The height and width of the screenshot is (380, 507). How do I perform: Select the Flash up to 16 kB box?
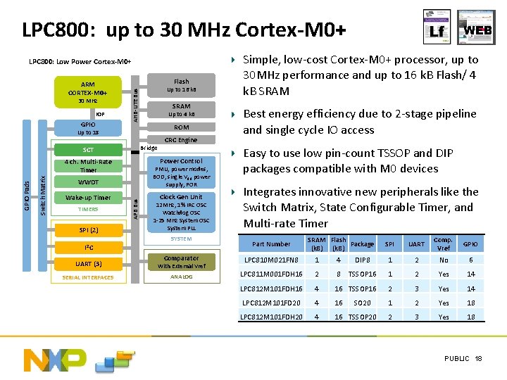pos(181,85)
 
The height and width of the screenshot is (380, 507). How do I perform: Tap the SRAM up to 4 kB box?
pos(181,110)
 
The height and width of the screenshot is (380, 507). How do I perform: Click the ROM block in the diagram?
pos(181,127)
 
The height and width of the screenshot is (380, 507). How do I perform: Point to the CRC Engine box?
pos(181,140)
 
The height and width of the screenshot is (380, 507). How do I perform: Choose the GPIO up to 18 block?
pos(88,128)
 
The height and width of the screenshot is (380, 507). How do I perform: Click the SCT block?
pos(88,150)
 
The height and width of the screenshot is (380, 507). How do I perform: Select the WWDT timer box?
pos(88,182)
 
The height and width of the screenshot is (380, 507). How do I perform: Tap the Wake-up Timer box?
pos(88,198)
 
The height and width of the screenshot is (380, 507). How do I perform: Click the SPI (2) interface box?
pos(88,230)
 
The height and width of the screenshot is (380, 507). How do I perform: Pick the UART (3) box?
pos(88,264)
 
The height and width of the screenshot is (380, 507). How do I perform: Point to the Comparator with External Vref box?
pos(181,262)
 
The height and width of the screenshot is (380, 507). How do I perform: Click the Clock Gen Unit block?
pos(181,213)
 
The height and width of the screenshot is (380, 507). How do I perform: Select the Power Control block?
pos(181,173)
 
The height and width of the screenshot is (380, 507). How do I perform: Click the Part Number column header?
pos(271,244)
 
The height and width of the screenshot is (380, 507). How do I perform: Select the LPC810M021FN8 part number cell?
pos(270,260)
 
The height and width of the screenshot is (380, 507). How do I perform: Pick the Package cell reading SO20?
pos(363,303)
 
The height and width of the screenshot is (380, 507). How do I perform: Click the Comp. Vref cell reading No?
pos(443,260)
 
